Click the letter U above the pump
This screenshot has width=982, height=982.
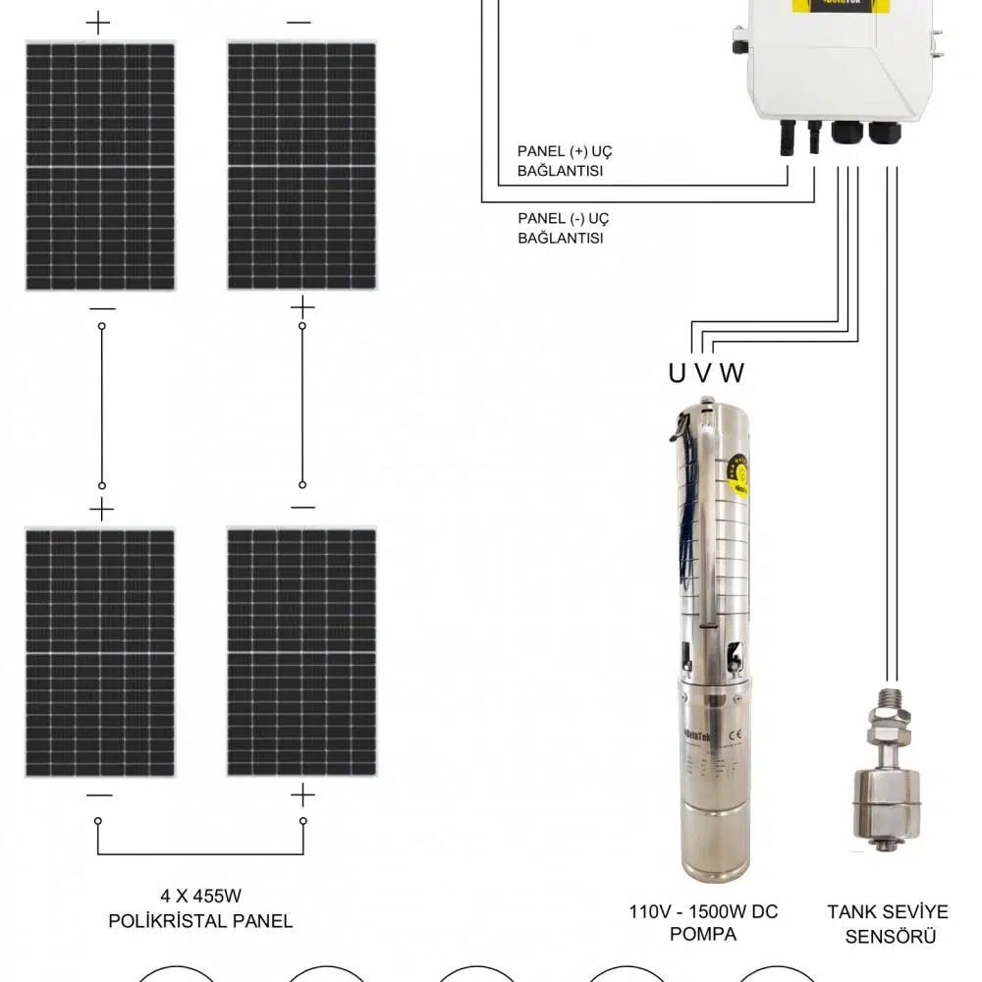(x=678, y=373)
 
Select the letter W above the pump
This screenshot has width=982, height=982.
(x=732, y=373)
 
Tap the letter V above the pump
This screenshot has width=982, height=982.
(x=703, y=373)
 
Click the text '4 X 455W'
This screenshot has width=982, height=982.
(x=200, y=896)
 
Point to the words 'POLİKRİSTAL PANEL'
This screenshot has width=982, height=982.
(x=200, y=921)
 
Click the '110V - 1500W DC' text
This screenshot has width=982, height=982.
(x=703, y=912)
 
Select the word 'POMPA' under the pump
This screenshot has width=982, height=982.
(x=703, y=934)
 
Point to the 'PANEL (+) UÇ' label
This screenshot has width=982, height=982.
(x=565, y=151)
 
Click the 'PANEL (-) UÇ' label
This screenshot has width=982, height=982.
(x=563, y=218)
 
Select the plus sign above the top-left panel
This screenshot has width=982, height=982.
(x=98, y=23)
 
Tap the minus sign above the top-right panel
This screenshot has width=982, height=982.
(x=300, y=23)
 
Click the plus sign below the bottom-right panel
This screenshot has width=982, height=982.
(x=302, y=794)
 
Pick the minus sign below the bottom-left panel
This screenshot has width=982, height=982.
(x=99, y=794)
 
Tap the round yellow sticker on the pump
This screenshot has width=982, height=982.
(x=739, y=477)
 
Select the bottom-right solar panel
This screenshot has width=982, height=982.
(x=301, y=653)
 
